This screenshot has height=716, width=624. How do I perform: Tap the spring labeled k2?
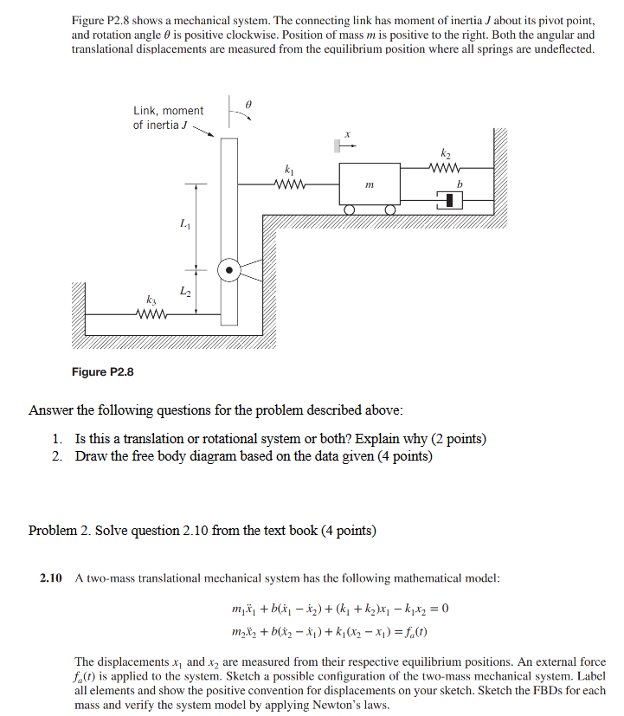446,168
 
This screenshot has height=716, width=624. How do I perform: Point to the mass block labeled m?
370,184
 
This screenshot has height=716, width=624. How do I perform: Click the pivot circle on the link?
228,270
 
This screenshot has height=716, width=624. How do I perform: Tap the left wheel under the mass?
349,210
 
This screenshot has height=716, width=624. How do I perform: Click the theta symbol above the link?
248,103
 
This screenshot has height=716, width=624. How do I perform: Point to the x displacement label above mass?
347,134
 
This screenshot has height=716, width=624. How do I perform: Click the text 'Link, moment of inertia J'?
168,118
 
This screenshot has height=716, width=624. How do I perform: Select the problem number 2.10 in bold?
51,577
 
